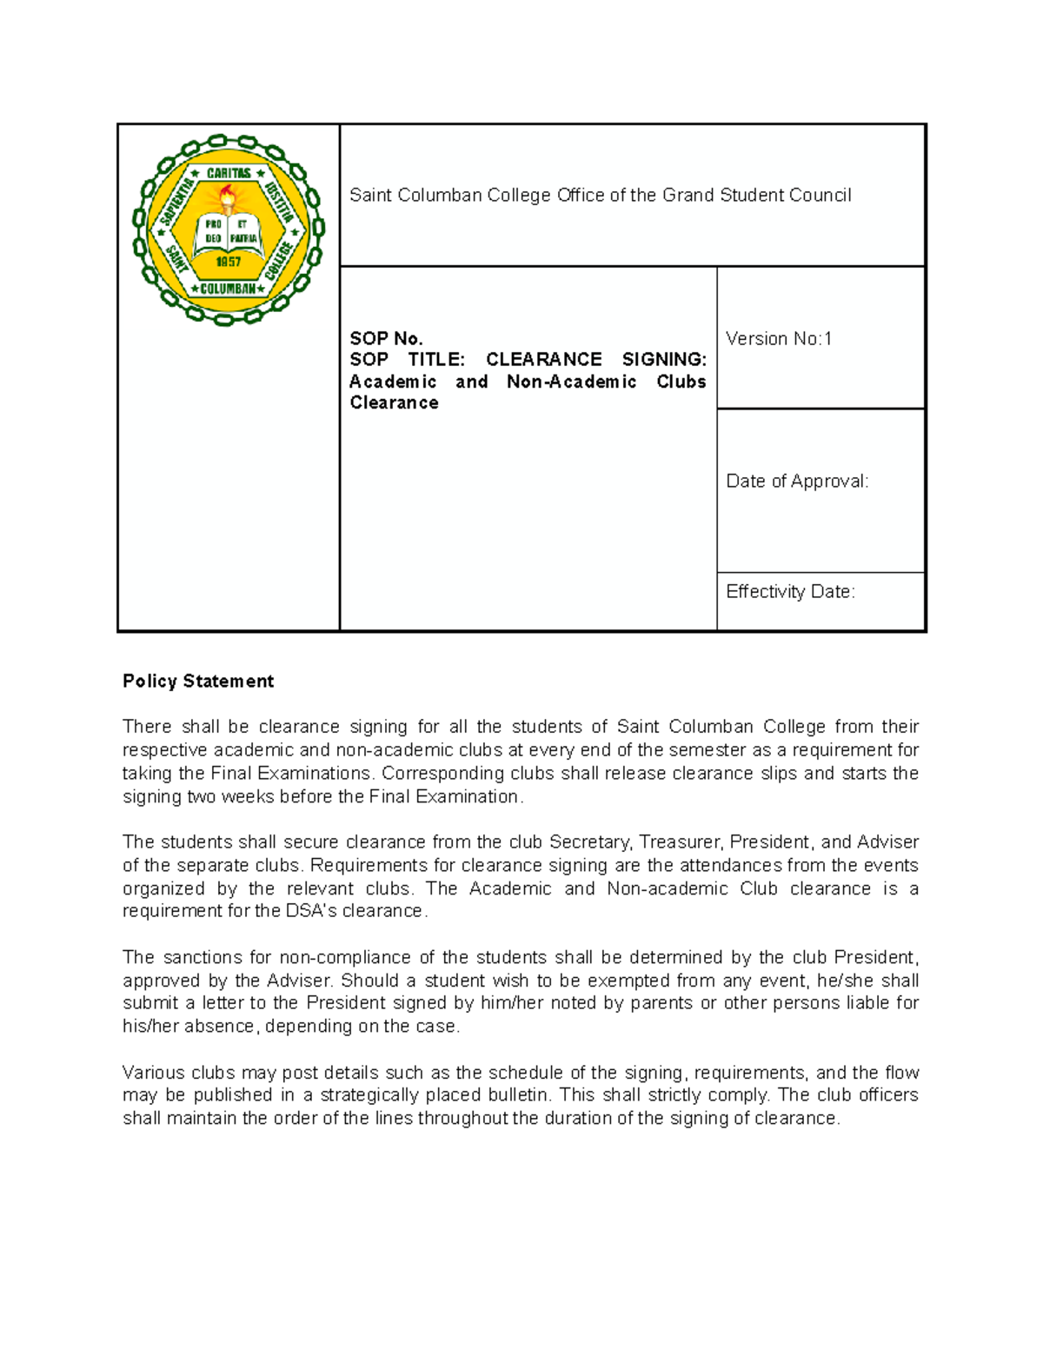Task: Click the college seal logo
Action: [x=228, y=230]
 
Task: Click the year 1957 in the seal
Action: [x=228, y=262]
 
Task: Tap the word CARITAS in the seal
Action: [x=228, y=174]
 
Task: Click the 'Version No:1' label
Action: [x=779, y=339]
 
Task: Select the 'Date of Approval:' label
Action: [x=797, y=482]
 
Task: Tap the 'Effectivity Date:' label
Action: [x=790, y=592]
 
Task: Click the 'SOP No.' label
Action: [x=386, y=339]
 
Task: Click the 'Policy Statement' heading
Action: [x=198, y=682]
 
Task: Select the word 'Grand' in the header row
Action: [x=688, y=196]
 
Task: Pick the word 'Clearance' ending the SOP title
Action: [x=394, y=403]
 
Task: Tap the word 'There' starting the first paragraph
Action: [x=147, y=727]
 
